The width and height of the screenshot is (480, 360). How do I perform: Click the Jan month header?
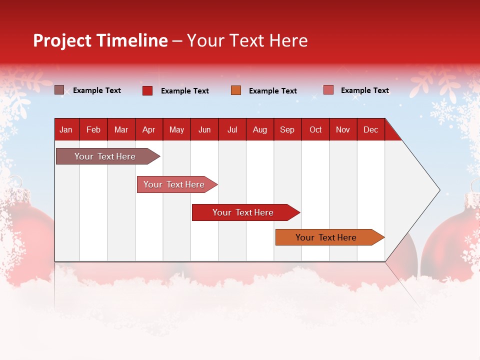coord(66,129)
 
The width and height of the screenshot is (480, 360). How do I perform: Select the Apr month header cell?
coord(148,129)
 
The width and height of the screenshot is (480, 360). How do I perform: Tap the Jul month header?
coord(232,129)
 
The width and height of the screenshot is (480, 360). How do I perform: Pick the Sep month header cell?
coord(287,129)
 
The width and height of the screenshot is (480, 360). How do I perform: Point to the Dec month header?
coord(370,129)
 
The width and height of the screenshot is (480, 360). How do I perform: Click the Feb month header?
coord(93,129)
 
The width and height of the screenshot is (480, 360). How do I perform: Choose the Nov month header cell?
coord(342,129)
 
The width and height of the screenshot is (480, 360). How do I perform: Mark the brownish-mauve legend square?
coord(59,90)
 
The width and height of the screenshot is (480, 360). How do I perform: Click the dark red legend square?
coord(147,90)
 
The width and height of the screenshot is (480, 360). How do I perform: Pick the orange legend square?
coord(236,90)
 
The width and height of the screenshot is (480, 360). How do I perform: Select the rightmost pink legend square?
coord(328,90)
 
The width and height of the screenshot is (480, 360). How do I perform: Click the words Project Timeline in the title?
coord(100,40)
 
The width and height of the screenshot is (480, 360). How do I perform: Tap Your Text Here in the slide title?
coord(247,40)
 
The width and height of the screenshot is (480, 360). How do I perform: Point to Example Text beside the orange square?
coord(272,91)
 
